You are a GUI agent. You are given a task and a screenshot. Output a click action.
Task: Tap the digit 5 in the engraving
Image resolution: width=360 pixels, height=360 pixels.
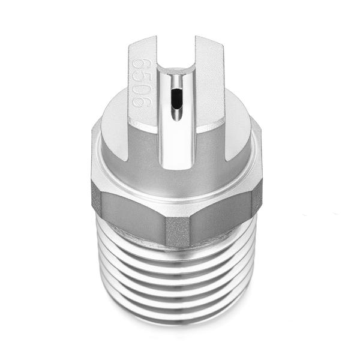click(x=139, y=75)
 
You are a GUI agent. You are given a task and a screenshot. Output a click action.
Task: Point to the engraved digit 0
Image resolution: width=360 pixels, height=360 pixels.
click(x=139, y=88)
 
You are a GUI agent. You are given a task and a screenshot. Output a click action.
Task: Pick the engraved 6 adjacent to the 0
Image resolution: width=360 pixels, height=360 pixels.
click(x=140, y=100)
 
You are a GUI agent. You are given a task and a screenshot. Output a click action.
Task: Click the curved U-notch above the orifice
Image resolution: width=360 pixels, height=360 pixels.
click(x=176, y=67)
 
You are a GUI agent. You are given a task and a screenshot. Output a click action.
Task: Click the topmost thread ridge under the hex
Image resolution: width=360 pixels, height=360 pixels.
click(x=177, y=252)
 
